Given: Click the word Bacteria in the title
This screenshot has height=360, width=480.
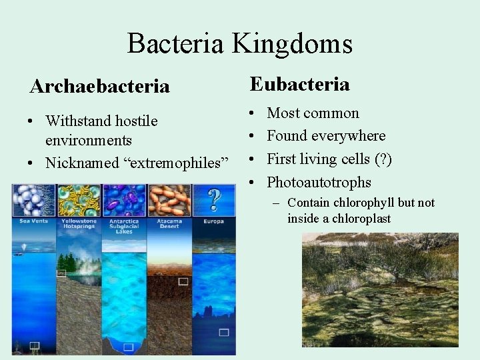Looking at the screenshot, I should [175, 44].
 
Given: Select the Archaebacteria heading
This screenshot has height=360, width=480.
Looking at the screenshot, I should [99, 87].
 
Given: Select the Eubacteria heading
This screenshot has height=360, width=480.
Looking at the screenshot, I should [299, 84].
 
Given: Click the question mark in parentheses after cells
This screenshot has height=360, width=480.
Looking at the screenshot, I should [383, 159].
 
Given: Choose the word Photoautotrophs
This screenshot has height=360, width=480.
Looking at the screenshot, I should [319, 182].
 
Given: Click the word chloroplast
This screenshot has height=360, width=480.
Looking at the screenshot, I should [362, 218].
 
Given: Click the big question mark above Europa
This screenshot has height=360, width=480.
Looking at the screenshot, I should [214, 199].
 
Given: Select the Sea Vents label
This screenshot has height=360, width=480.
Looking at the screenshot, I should [34, 220].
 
